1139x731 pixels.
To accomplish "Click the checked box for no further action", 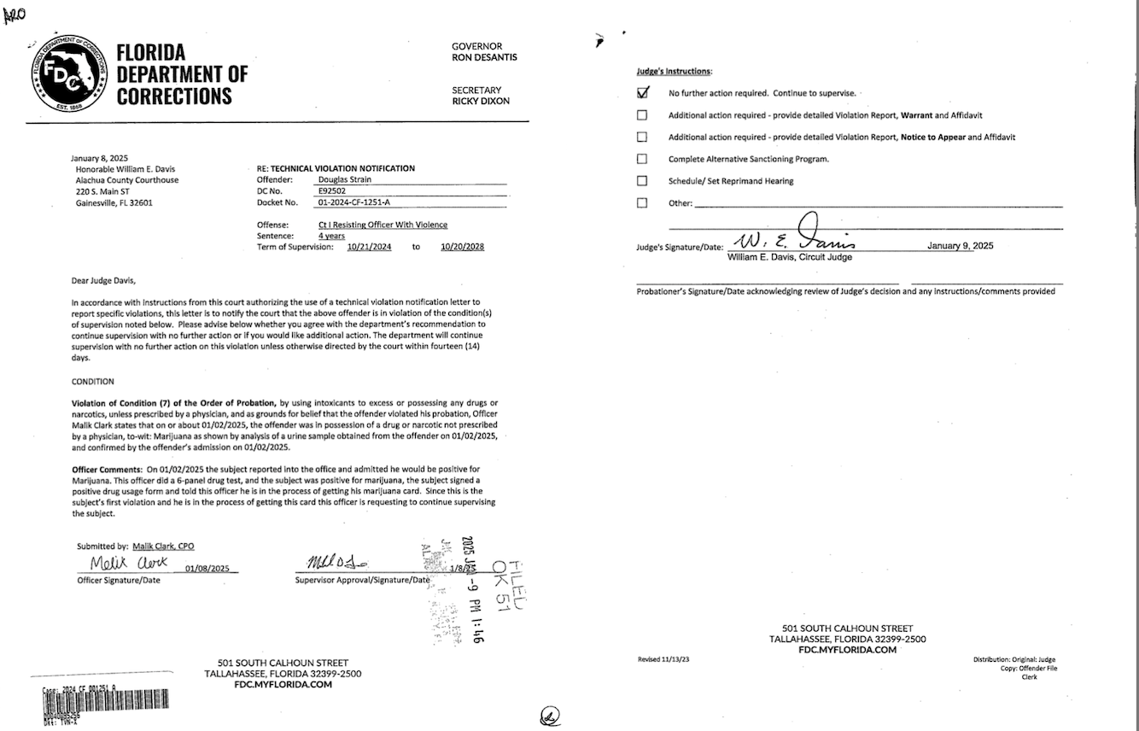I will tap(643, 92).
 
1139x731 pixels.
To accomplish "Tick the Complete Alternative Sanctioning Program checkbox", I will tap(642, 159).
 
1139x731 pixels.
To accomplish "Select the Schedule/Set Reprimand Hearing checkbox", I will tap(642, 181).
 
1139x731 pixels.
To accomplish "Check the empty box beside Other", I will tap(642, 203).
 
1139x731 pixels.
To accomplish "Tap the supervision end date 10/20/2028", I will tap(462, 247).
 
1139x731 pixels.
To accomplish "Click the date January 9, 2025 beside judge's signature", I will tap(960, 246).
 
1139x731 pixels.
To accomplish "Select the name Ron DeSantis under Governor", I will tap(484, 57).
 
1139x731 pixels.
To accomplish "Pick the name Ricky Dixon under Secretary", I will tap(480, 101).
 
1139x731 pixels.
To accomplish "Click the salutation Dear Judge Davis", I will tap(103, 280).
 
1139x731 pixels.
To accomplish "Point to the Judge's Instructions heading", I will tap(675, 72).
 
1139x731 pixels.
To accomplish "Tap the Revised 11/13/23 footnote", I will tap(664, 659).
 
